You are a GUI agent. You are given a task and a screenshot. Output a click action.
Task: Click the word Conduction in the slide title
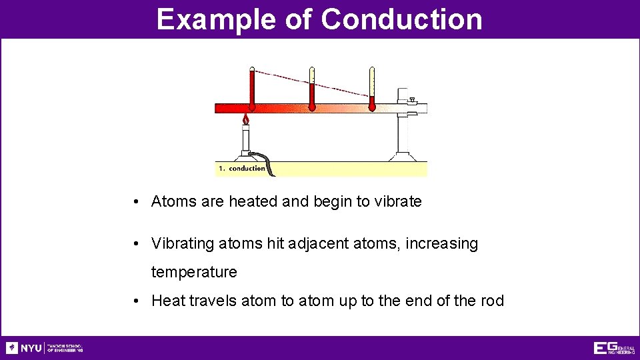pyautogui.click(x=401, y=19)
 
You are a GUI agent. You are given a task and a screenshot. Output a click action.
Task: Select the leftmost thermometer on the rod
pyautogui.click(x=252, y=89)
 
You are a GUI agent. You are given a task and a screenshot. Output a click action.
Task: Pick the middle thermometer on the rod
pyautogui.click(x=311, y=89)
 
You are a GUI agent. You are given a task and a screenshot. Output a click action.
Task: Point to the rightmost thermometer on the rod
pyautogui.click(x=372, y=89)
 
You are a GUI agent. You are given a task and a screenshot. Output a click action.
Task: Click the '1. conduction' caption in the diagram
pyautogui.click(x=241, y=169)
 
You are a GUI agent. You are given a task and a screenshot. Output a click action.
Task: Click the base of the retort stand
pyautogui.click(x=403, y=157)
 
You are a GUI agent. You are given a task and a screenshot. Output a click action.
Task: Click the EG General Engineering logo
pyautogui.click(x=613, y=348)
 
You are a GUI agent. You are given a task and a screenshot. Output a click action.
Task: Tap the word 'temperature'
pyautogui.click(x=194, y=272)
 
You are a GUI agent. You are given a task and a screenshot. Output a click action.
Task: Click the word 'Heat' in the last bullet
pyautogui.click(x=167, y=301)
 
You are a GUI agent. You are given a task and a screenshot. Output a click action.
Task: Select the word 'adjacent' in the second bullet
pyautogui.click(x=319, y=244)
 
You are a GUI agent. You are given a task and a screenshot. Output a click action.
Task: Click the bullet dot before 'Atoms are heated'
pyautogui.click(x=135, y=201)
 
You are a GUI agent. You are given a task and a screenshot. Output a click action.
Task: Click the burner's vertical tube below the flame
pyautogui.click(x=245, y=140)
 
